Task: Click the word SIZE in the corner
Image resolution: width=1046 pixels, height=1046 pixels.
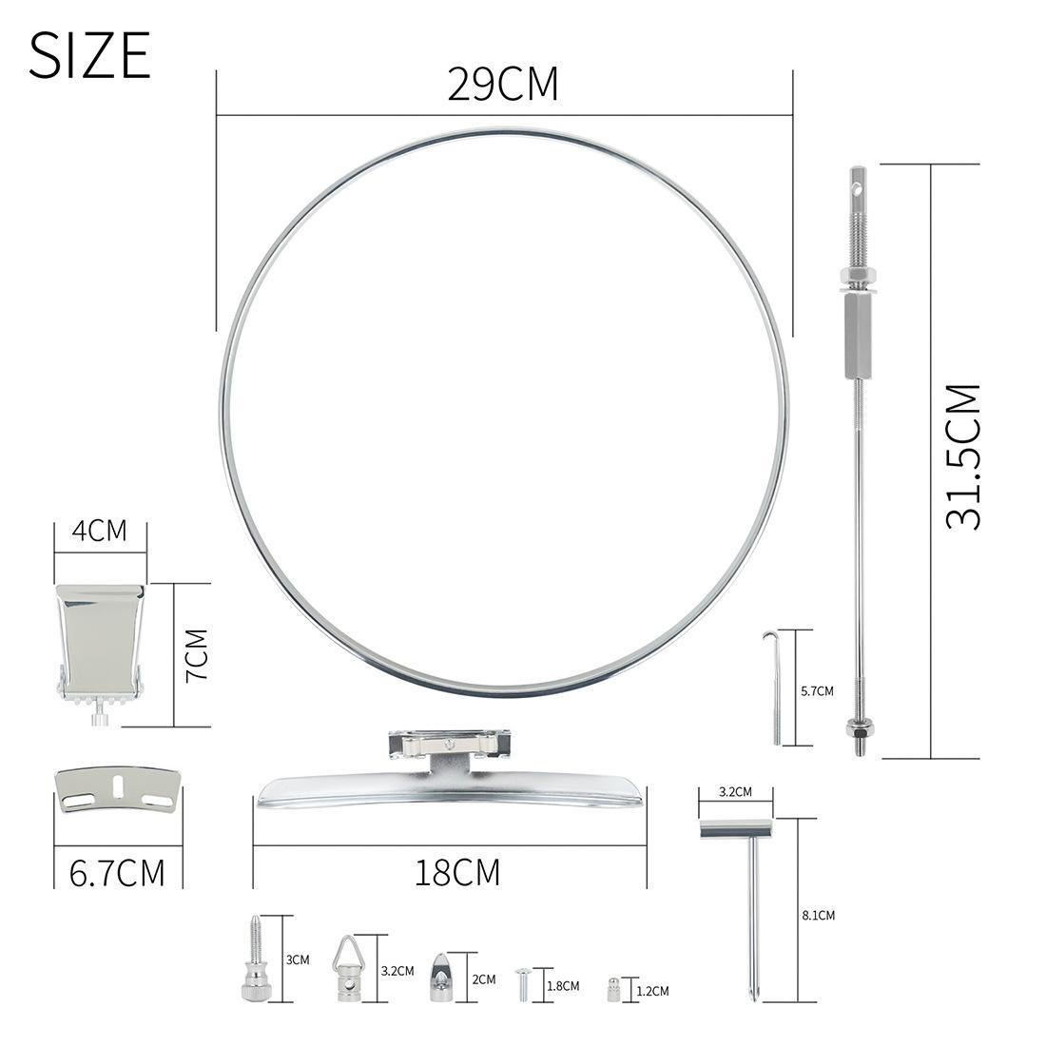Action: point(89,56)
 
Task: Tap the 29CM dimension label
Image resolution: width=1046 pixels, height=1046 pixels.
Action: point(502,85)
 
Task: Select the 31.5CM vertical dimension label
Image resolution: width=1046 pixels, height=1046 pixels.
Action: point(963,456)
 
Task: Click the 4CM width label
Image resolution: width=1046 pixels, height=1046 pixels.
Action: point(100,531)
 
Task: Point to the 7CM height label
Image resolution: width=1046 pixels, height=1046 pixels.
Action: point(198,654)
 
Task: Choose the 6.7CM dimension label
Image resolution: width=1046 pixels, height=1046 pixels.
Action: point(117,873)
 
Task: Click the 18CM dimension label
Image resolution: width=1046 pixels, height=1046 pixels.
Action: point(457,873)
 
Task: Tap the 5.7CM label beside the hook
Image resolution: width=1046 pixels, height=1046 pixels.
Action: point(817,691)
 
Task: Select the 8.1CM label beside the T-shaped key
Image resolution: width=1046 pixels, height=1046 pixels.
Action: point(819,915)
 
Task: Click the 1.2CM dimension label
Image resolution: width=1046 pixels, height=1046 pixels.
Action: point(652,991)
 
